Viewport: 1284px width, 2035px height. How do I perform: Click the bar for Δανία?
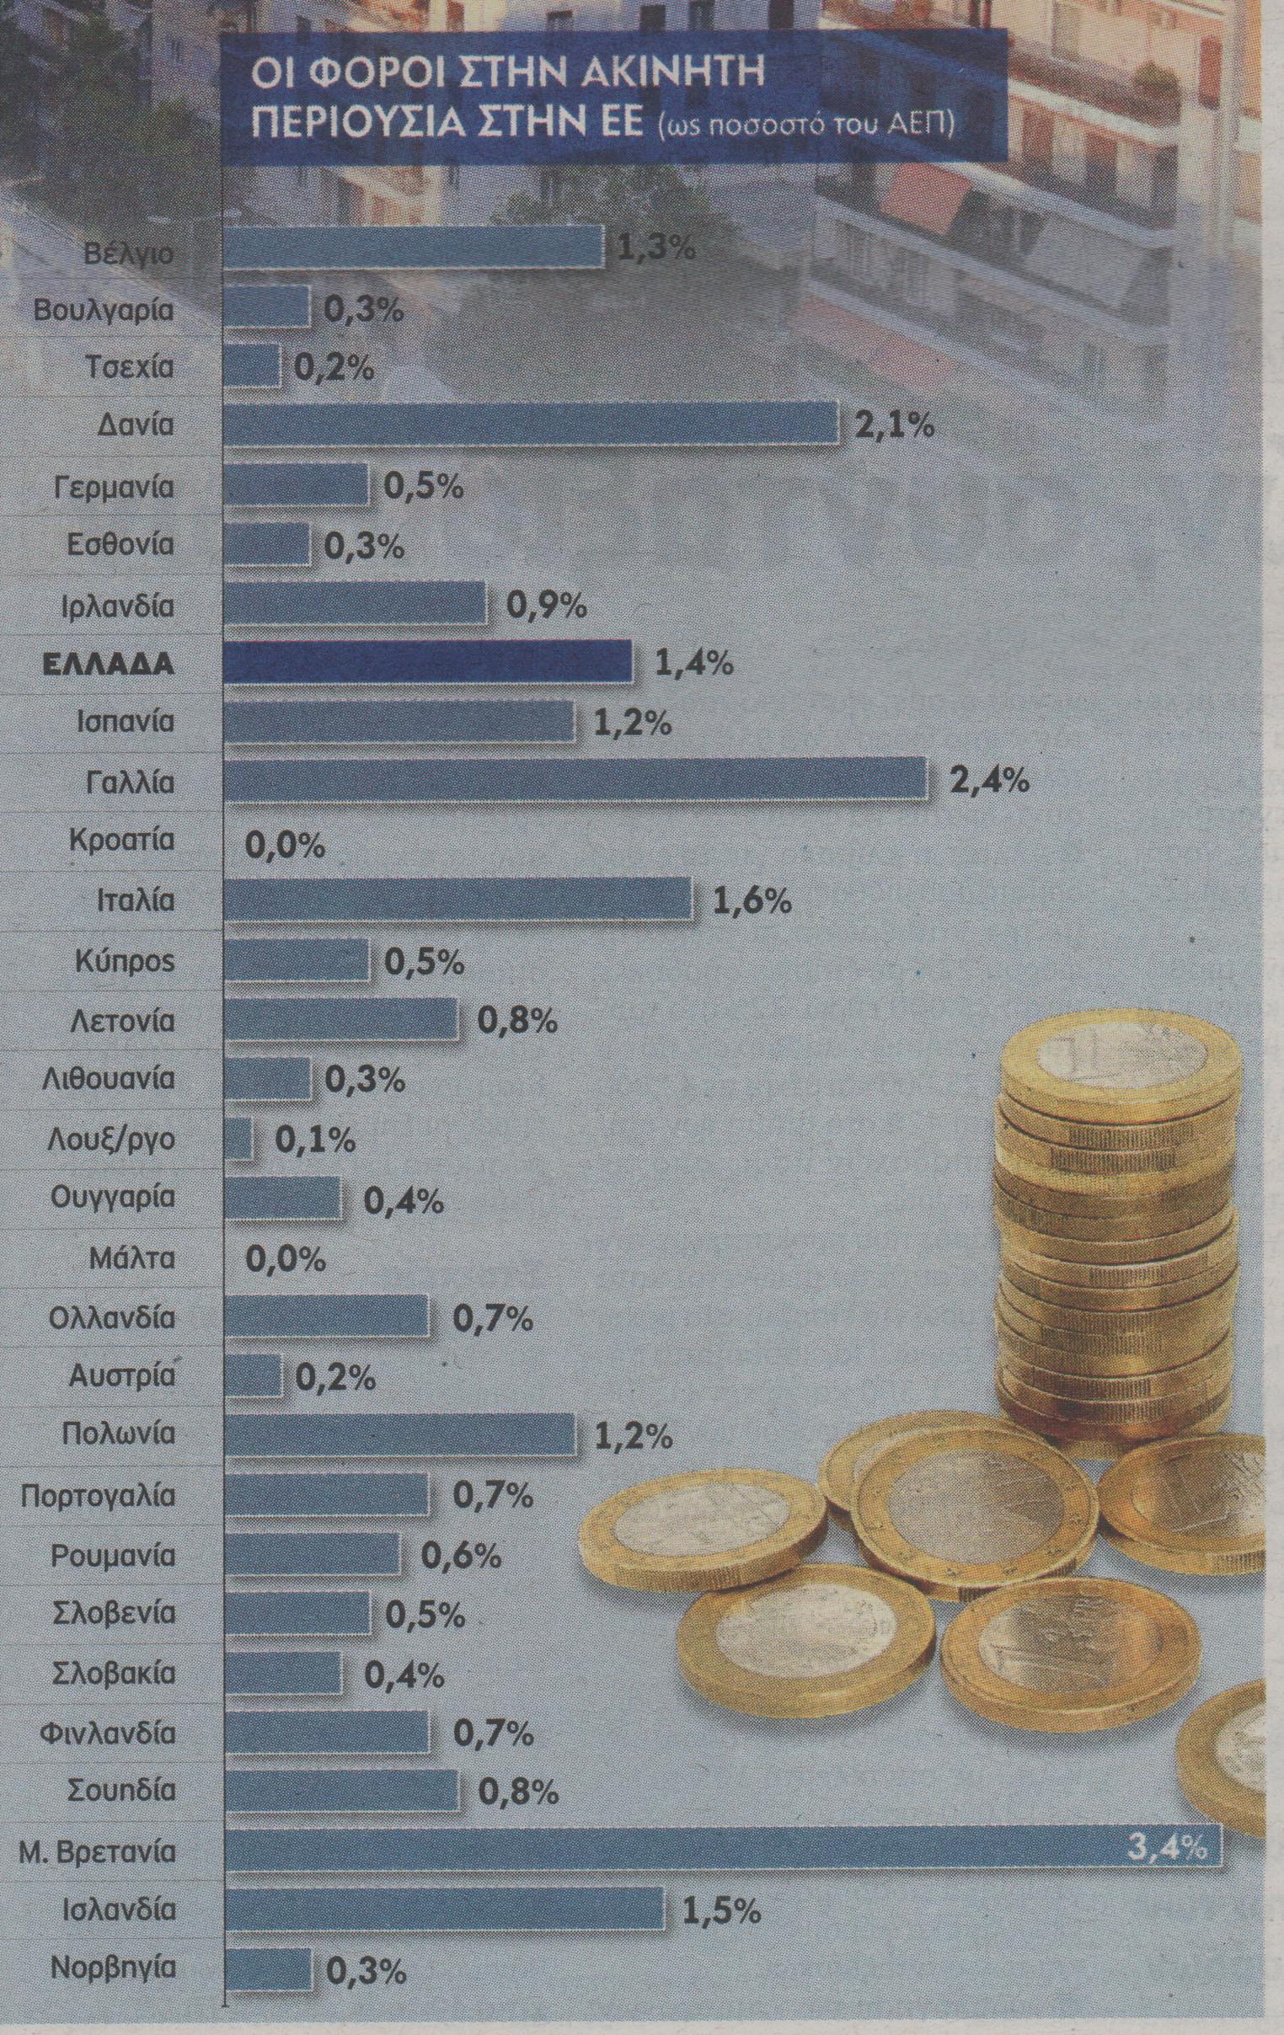click(x=531, y=423)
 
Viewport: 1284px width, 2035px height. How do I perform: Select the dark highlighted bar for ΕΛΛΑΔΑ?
click(x=429, y=662)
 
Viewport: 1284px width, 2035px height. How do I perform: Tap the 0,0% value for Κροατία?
click(x=286, y=845)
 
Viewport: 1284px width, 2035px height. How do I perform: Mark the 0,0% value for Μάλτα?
click(x=286, y=1259)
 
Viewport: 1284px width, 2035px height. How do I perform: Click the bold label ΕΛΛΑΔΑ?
click(x=108, y=664)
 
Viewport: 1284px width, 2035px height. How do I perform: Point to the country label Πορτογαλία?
click(x=98, y=1497)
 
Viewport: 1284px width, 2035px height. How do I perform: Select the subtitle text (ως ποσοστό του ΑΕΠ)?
click(x=806, y=125)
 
